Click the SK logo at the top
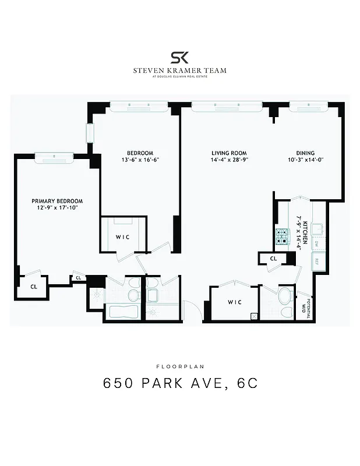[x=179, y=57]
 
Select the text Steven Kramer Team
[x=179, y=70]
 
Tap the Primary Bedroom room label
[x=57, y=200]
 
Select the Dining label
[x=305, y=153]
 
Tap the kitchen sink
[x=318, y=228]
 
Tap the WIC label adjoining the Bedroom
[x=122, y=237]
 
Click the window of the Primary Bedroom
[x=53, y=156]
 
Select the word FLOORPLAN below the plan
[x=179, y=366]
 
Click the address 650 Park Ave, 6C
[x=179, y=384]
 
